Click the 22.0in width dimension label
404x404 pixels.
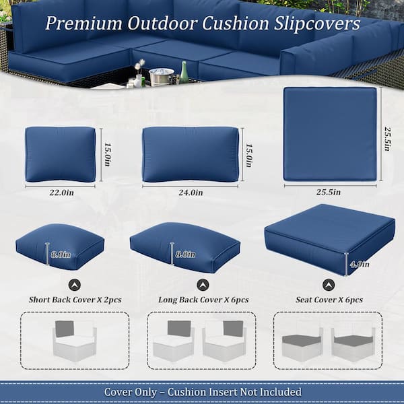[x=61, y=193]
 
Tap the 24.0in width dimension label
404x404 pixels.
[x=191, y=193]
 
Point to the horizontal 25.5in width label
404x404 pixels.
[x=329, y=193]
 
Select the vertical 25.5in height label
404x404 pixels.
[x=386, y=134]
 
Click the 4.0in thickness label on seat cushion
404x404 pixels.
[x=358, y=264]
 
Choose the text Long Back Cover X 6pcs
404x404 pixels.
[x=201, y=299]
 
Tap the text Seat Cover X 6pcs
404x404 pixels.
[x=329, y=299]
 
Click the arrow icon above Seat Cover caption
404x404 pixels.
[x=329, y=284]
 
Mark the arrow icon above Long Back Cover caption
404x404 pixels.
[x=203, y=284]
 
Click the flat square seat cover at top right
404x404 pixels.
[x=330, y=133]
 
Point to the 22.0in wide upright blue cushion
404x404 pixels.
[x=61, y=154]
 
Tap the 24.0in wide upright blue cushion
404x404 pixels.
[x=191, y=154]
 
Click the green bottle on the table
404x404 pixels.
[x=184, y=73]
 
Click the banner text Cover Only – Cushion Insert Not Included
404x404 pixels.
[x=202, y=391]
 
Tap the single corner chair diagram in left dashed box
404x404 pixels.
[x=74, y=340]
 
